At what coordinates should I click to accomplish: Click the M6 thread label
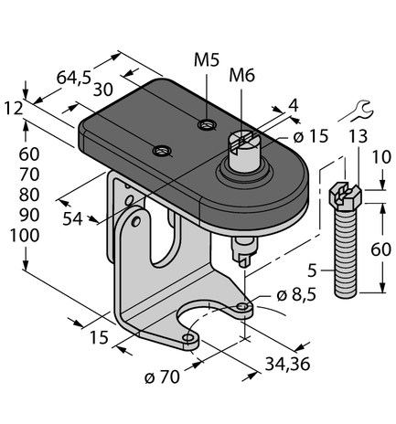point(241,75)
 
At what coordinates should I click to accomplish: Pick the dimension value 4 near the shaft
point(293,105)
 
